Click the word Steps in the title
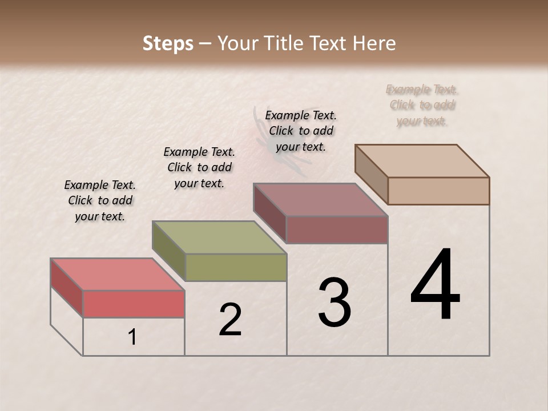(x=168, y=43)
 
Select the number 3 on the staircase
(x=334, y=303)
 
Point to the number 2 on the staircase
(x=230, y=320)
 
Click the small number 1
(x=132, y=337)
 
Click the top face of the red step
(x=117, y=275)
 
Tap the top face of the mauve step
(x=320, y=200)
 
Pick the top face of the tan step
(x=422, y=161)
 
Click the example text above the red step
(x=100, y=200)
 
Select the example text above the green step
(x=199, y=167)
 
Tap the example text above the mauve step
(x=301, y=131)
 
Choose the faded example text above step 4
(x=422, y=105)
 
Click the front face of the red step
(x=134, y=304)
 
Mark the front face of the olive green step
(x=236, y=267)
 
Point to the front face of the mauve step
(x=337, y=230)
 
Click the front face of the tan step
(x=438, y=191)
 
